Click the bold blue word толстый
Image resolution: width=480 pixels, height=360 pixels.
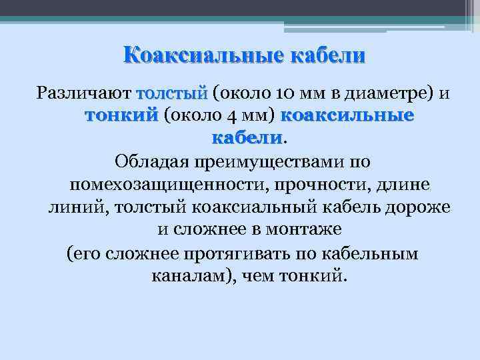coord(172,92)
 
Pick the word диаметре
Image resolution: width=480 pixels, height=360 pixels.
coord(395,92)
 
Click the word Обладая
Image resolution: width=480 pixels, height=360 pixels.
coord(153,161)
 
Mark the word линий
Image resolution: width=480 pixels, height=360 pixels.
coord(74,207)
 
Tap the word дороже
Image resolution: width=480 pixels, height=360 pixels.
coord(421,207)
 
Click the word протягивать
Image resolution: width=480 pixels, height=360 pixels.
coord(244,253)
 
